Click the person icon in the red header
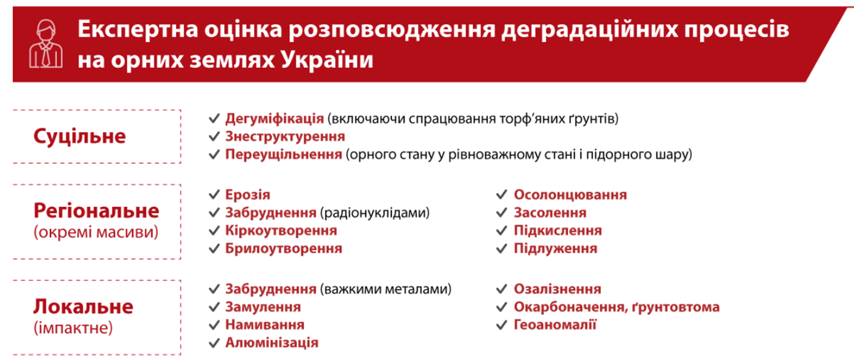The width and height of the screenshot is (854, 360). click(46, 44)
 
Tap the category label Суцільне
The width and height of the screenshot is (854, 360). click(80, 137)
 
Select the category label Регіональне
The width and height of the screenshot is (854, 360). click(96, 211)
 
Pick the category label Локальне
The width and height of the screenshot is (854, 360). click(83, 307)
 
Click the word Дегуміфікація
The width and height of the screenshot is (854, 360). click(274, 119)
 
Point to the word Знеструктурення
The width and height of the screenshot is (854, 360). click(285, 137)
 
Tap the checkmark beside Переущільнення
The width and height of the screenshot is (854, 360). click(214, 155)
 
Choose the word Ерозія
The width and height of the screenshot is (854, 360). click(248, 195)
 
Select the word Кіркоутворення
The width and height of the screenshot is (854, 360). click(281, 230)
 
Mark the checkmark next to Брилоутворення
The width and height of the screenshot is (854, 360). click(214, 249)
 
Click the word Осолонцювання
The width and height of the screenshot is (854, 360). click(570, 195)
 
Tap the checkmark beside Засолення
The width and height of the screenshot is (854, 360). click(502, 213)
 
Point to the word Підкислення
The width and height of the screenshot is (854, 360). click(558, 230)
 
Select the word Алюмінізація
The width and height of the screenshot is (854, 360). click(272, 343)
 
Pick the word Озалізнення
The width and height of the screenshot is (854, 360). click(557, 289)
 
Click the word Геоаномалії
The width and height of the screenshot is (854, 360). click(555, 325)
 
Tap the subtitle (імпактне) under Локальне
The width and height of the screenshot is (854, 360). click(73, 328)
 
